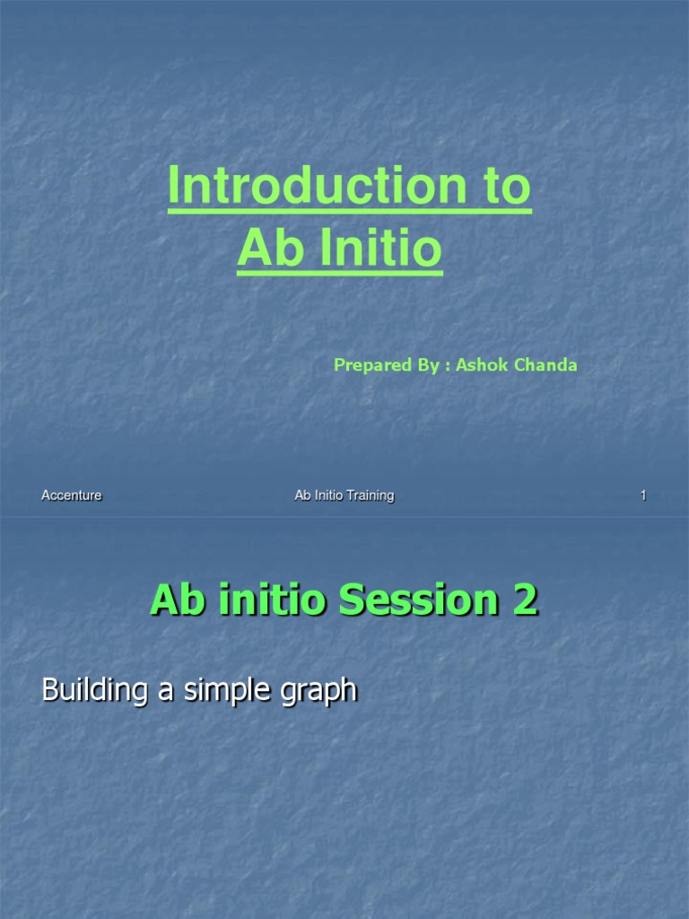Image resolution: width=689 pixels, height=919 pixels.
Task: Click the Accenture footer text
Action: pyautogui.click(x=72, y=495)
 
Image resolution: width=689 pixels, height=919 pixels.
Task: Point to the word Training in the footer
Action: pyautogui.click(x=369, y=495)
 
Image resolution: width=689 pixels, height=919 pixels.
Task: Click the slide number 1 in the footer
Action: pyautogui.click(x=643, y=495)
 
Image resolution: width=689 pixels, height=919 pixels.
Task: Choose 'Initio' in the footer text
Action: pyautogui.click(x=327, y=495)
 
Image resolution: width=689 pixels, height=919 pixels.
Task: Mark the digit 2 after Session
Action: pyautogui.click(x=526, y=600)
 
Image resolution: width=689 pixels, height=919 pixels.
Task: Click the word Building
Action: pyautogui.click(x=93, y=691)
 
